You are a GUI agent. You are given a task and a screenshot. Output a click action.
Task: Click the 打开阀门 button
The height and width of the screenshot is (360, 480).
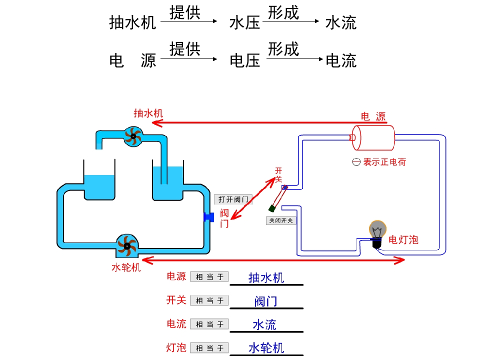pos(233,199)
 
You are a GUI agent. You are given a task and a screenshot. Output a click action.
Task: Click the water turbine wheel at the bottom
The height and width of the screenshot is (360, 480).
pos(126,245)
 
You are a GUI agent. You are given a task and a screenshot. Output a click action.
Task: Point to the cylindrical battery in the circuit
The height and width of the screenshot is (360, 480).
pos(373,137)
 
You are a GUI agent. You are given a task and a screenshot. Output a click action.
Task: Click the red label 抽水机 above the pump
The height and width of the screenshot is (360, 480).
pos(148,113)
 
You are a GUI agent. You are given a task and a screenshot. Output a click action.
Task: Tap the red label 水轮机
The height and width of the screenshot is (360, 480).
pos(126,267)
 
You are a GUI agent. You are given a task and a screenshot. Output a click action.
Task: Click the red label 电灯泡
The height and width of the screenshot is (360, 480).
pos(403,240)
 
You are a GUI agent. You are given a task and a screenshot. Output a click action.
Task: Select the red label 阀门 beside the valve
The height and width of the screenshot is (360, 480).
pos(224,218)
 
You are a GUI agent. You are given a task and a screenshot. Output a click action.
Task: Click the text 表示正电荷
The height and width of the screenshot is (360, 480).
pos(384,162)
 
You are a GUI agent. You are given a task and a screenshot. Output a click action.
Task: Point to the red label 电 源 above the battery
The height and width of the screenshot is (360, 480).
pos(373,116)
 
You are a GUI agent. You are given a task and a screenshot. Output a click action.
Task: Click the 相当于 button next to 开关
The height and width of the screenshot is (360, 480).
pos(209,300)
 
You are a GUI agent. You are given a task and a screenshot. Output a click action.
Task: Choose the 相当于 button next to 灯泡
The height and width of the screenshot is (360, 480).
pos(209,348)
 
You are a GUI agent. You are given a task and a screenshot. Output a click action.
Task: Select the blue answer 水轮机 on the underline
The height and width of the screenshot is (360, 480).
pos(266,348)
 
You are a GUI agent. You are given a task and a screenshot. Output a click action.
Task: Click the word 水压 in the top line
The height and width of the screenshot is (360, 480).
pos(244,22)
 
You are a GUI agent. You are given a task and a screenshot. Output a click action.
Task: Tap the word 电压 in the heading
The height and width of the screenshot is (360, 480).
pos(244,61)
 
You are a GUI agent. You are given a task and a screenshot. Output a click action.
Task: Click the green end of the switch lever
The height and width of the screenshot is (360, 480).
pos(272,207)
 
